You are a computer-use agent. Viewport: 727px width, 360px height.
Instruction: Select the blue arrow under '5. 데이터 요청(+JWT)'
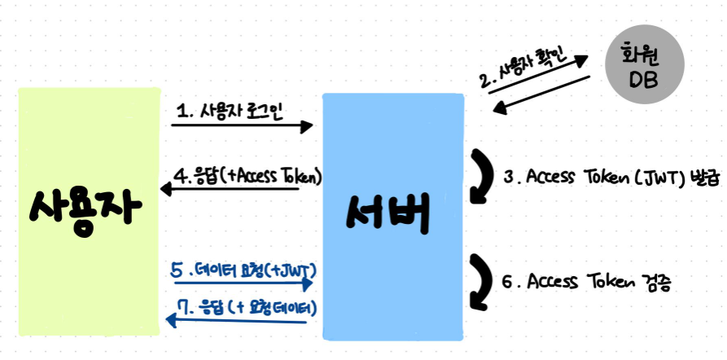[x=242, y=284]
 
